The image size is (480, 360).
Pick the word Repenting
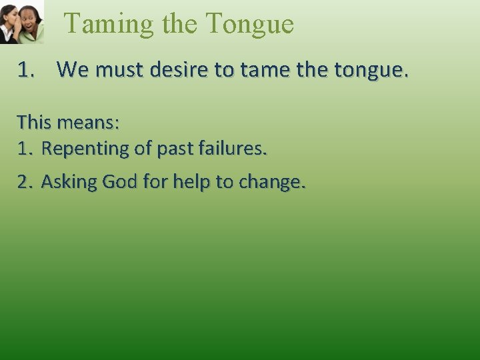click(x=86, y=149)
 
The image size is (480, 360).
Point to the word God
click(x=121, y=181)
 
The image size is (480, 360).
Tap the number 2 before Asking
click(x=24, y=182)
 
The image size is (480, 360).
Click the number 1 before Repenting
click(x=24, y=149)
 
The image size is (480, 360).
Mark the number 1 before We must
click(x=25, y=69)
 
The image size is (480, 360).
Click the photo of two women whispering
click(x=21, y=21)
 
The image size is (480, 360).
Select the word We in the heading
click(x=72, y=69)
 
